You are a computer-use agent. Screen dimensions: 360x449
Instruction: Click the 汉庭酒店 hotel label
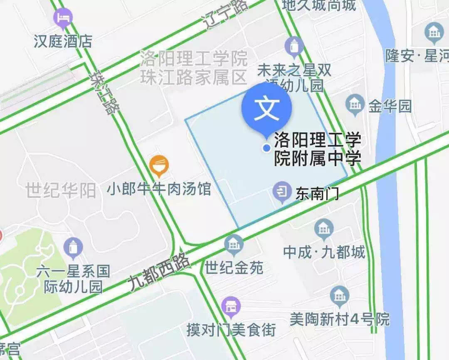(x=63, y=41)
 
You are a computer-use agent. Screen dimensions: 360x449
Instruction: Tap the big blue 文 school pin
(x=266, y=109)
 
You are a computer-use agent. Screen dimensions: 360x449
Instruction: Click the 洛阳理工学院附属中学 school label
(x=317, y=149)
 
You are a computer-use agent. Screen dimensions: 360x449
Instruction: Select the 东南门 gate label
(x=317, y=194)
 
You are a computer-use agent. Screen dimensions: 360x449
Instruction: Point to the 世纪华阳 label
(x=61, y=191)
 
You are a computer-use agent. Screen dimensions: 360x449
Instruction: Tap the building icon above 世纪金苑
(x=234, y=243)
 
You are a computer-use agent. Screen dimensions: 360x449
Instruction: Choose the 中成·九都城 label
(x=324, y=252)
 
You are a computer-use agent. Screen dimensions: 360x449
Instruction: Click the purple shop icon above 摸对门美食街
(x=231, y=307)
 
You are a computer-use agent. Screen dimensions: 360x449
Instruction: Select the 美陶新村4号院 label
(x=340, y=319)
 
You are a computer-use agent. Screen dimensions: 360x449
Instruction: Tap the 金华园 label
(x=390, y=106)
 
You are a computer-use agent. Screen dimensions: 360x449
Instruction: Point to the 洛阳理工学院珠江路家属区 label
(x=194, y=68)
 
